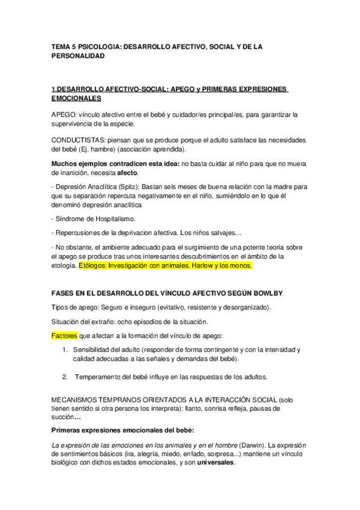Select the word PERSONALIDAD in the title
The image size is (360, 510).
pyautogui.click(x=78, y=55)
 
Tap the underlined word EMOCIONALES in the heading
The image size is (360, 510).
pyautogui.click(x=76, y=97)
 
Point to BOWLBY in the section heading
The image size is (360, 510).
pyautogui.click(x=264, y=293)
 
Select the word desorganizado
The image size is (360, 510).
pyautogui.click(x=243, y=307)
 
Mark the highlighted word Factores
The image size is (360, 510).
pyautogui.click(x=64, y=335)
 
